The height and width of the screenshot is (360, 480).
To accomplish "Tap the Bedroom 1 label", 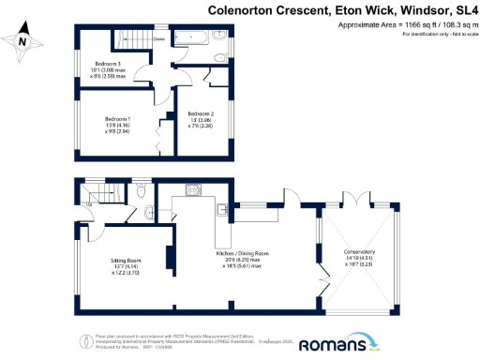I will pyautogui.click(x=116, y=119).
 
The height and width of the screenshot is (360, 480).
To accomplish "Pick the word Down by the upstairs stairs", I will pyautogui.click(x=159, y=39).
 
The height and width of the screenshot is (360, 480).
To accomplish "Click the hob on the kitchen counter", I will pyautogui.click(x=194, y=188).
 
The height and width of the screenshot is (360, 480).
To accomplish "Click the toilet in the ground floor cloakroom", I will pyautogui.click(x=139, y=192).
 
